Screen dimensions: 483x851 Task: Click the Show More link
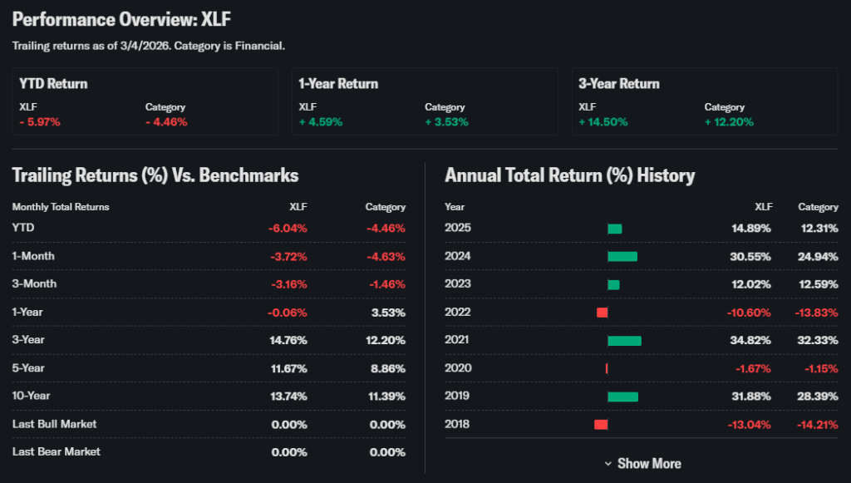pyautogui.click(x=643, y=463)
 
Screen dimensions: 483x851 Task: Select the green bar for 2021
pyautogui.click(x=624, y=340)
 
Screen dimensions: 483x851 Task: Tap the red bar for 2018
pyautogui.click(x=601, y=424)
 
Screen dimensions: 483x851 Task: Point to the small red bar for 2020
pyautogui.click(x=607, y=368)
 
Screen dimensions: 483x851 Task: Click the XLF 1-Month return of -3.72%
pyautogui.click(x=288, y=256)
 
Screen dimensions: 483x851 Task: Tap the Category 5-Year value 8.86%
pyautogui.click(x=386, y=368)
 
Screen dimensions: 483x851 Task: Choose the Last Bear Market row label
pyautogui.click(x=57, y=451)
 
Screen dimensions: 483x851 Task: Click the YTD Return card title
pyautogui.click(x=54, y=84)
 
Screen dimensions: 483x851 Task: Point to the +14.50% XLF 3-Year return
pyautogui.click(x=603, y=121)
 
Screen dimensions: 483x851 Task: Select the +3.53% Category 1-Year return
pyautogui.click(x=446, y=121)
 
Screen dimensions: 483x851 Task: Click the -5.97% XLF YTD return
pyautogui.click(x=40, y=121)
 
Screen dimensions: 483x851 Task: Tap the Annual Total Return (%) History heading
pyautogui.click(x=570, y=175)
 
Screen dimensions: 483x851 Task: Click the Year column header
pyautogui.click(x=455, y=207)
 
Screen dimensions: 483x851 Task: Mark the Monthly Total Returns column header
pyautogui.click(x=61, y=207)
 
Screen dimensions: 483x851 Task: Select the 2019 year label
pyautogui.click(x=458, y=396)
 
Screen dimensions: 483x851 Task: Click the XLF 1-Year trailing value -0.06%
pyautogui.click(x=288, y=312)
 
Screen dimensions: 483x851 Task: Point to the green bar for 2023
pyautogui.click(x=613, y=284)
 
